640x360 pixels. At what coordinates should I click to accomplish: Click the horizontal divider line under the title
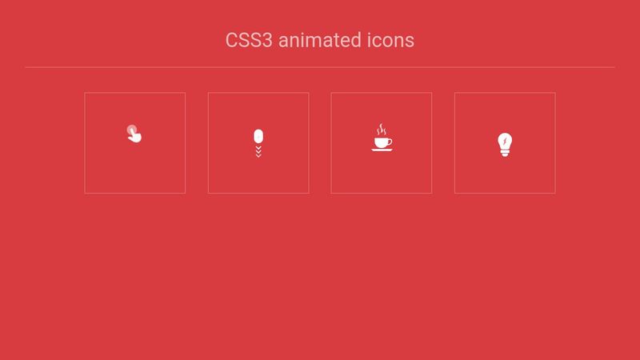coord(320,67)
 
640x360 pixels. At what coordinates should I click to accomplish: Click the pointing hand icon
coord(135,136)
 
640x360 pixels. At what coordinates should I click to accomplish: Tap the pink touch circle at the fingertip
coord(131,130)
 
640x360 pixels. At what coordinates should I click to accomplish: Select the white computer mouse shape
coord(258,136)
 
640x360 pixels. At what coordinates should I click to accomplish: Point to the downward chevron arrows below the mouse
coord(258,151)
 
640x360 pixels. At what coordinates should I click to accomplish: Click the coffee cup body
coord(381,142)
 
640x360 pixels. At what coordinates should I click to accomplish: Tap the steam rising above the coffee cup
coord(382,130)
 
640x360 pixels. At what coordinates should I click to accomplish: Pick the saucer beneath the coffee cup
coord(382,150)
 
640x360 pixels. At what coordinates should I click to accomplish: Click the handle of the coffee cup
coord(390,141)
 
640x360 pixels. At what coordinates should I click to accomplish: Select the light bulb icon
coord(505,142)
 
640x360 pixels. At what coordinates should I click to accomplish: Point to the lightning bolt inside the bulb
coord(505,141)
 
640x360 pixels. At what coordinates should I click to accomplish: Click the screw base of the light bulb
coord(505,152)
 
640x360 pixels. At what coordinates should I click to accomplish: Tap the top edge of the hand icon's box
coord(135,93)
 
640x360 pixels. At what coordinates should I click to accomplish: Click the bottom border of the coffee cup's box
coord(382,193)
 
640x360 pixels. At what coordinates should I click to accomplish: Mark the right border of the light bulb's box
coord(555,142)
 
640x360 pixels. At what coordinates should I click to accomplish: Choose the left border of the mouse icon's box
coord(208,142)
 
